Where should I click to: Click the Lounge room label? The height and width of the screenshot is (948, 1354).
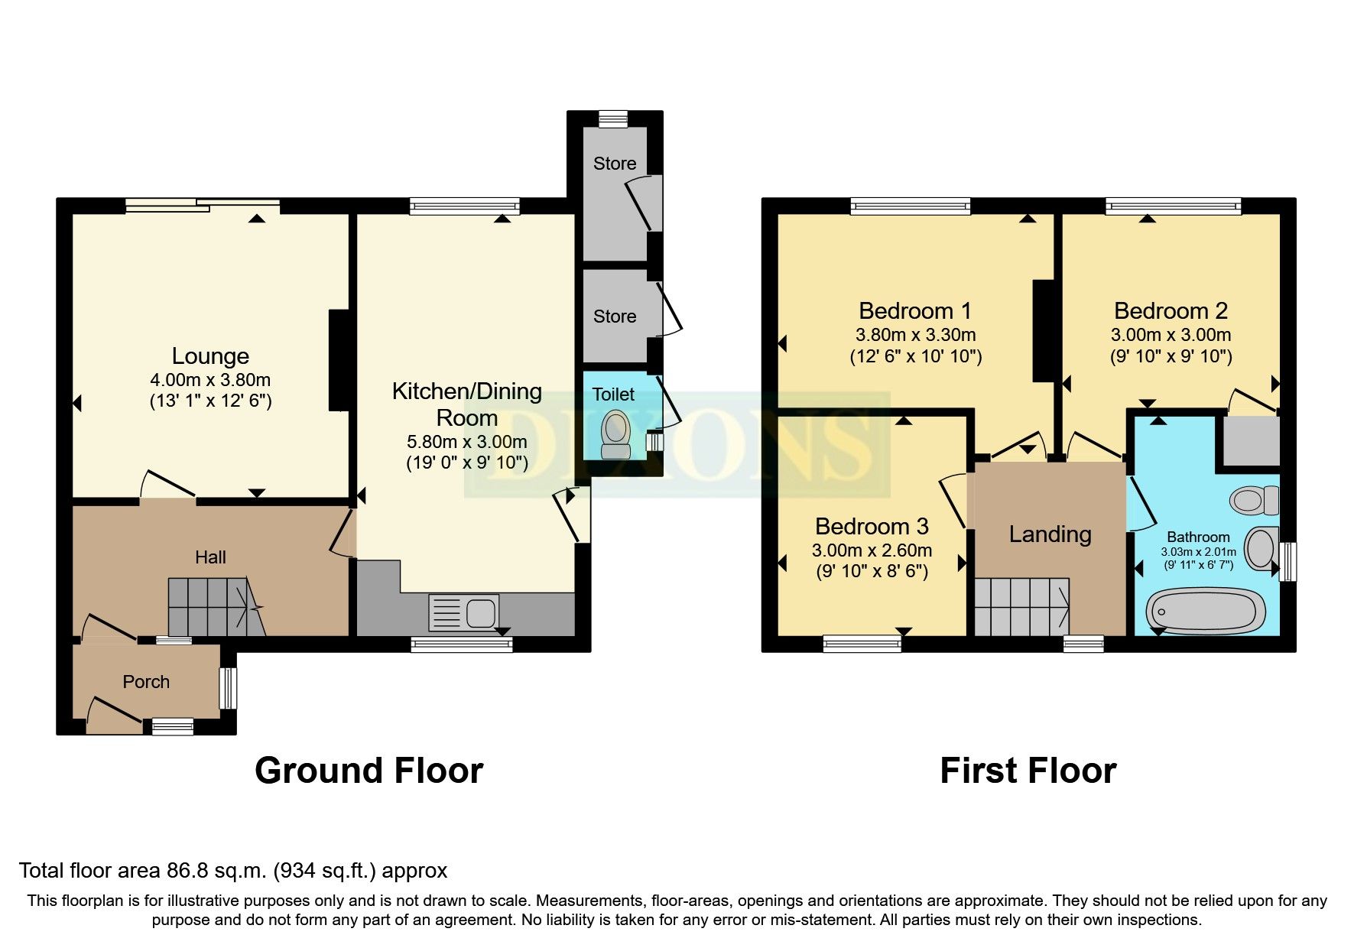pyautogui.click(x=210, y=356)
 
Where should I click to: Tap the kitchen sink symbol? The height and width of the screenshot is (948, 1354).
pyautogui.click(x=463, y=613)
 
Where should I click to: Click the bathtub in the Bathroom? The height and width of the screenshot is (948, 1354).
pyautogui.click(x=1206, y=611)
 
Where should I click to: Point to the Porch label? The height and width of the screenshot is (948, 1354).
pyautogui.click(x=146, y=682)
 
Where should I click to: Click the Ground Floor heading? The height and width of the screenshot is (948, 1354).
pyautogui.click(x=369, y=771)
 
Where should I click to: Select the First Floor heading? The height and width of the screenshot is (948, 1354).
pyautogui.click(x=1028, y=771)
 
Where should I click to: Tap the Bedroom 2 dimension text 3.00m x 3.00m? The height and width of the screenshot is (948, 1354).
pyautogui.click(x=1171, y=335)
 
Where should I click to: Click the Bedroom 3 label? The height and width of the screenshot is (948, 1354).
pyautogui.click(x=872, y=527)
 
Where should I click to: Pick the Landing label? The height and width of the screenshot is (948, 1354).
pyautogui.click(x=1050, y=534)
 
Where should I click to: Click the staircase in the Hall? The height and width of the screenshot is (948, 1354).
pyautogui.click(x=214, y=606)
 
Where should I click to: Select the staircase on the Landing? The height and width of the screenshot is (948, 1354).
pyautogui.click(x=1021, y=606)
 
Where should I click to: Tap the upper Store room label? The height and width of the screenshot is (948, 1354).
pyautogui.click(x=615, y=164)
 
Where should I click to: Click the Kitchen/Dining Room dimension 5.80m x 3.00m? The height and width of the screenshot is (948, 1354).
pyautogui.click(x=466, y=442)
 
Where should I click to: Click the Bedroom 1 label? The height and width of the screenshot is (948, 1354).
pyautogui.click(x=915, y=311)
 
